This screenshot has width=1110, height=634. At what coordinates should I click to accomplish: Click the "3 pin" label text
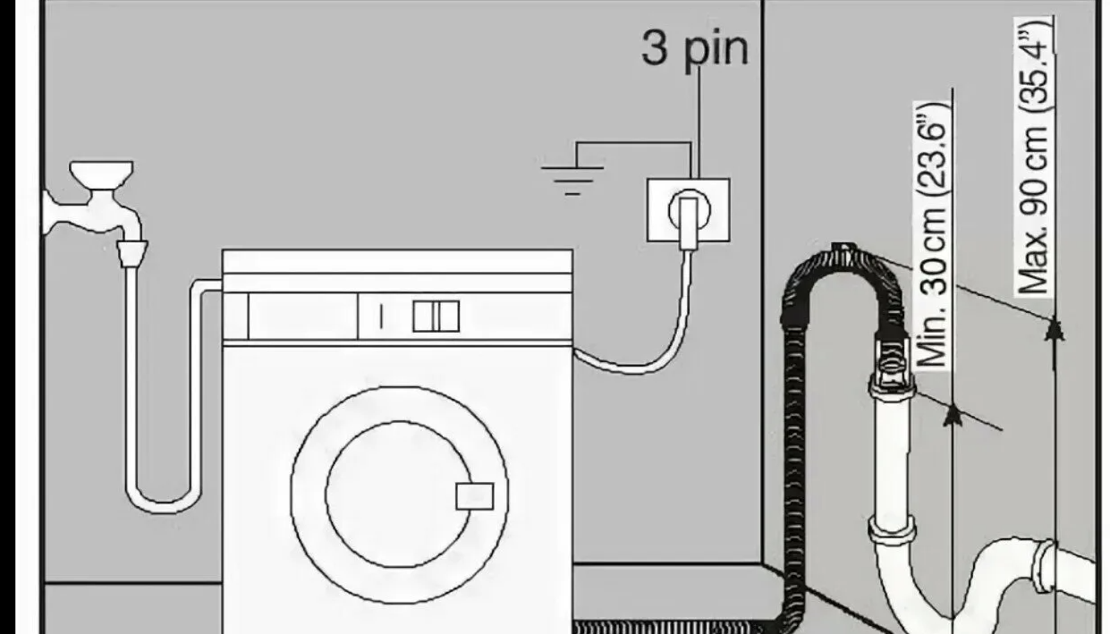[695, 48]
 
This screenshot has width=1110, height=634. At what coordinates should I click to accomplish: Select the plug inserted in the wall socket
[689, 222]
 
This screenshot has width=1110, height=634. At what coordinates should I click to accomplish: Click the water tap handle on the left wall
[102, 173]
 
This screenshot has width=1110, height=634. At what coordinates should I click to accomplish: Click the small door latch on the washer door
[475, 495]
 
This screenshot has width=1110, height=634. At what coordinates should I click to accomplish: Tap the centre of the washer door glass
[398, 494]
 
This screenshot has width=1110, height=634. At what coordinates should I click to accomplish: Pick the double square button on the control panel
[436, 317]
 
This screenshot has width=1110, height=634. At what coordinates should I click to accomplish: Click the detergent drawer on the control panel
[302, 317]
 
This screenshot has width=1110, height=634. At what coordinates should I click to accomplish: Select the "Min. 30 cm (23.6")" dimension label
[933, 235]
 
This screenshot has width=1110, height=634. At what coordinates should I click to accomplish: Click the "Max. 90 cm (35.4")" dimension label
[1034, 156]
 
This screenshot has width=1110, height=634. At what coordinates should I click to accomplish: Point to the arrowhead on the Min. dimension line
[952, 415]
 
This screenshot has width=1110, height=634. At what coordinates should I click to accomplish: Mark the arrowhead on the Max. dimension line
[1055, 330]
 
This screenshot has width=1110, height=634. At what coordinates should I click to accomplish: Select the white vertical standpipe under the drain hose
[891, 461]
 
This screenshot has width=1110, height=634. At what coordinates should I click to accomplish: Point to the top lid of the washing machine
[397, 261]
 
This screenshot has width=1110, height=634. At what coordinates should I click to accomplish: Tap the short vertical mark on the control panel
[381, 317]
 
